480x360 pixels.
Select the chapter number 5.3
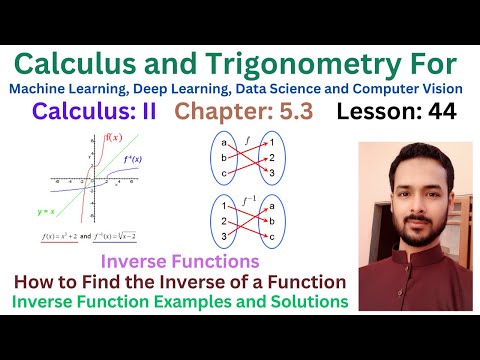coord(292,112)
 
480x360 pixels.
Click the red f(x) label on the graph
coord(114,136)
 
